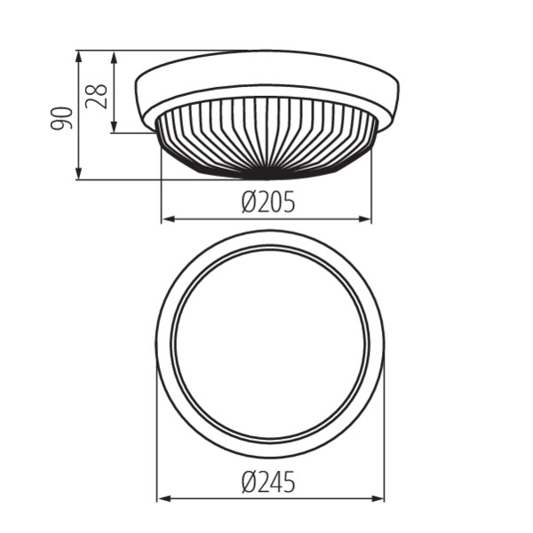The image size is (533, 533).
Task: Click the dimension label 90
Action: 61,118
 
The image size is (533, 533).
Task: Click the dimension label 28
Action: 97,96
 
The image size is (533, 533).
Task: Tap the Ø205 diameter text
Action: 268,202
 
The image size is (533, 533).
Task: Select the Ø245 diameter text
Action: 268,482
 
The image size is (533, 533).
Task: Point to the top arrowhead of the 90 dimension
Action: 78,57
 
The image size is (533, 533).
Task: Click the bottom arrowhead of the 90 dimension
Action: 78,173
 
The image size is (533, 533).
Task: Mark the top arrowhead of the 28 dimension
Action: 115,57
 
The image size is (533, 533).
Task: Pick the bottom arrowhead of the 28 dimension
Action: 115,127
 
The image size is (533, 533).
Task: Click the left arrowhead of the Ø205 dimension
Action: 168,219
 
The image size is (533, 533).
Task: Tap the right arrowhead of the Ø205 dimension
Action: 365,219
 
